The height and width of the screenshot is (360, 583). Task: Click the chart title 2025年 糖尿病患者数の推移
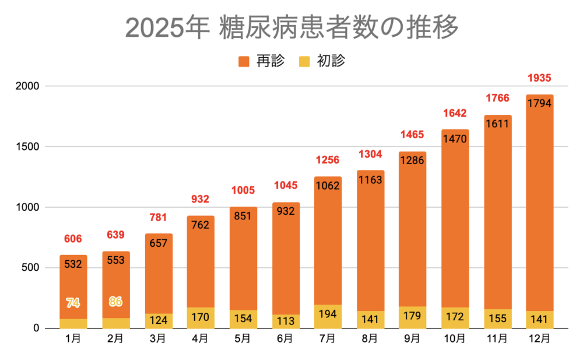pos(291,29)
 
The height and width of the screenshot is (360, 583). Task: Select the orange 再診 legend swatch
pos(244,61)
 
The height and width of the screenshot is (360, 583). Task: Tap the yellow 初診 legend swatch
pos(304,61)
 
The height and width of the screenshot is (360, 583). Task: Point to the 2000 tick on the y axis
pos(27,86)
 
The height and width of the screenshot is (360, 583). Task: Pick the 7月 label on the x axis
pos(328,339)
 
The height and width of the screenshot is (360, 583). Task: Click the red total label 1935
pos(539,78)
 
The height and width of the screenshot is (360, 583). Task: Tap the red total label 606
pos(73,239)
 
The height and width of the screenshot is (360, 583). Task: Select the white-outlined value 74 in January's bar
pos(73,303)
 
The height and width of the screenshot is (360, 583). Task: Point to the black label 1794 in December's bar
pos(539,104)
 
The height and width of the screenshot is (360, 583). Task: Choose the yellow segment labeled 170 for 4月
pos(201,318)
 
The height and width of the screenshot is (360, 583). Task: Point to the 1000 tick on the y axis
pos(27,207)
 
